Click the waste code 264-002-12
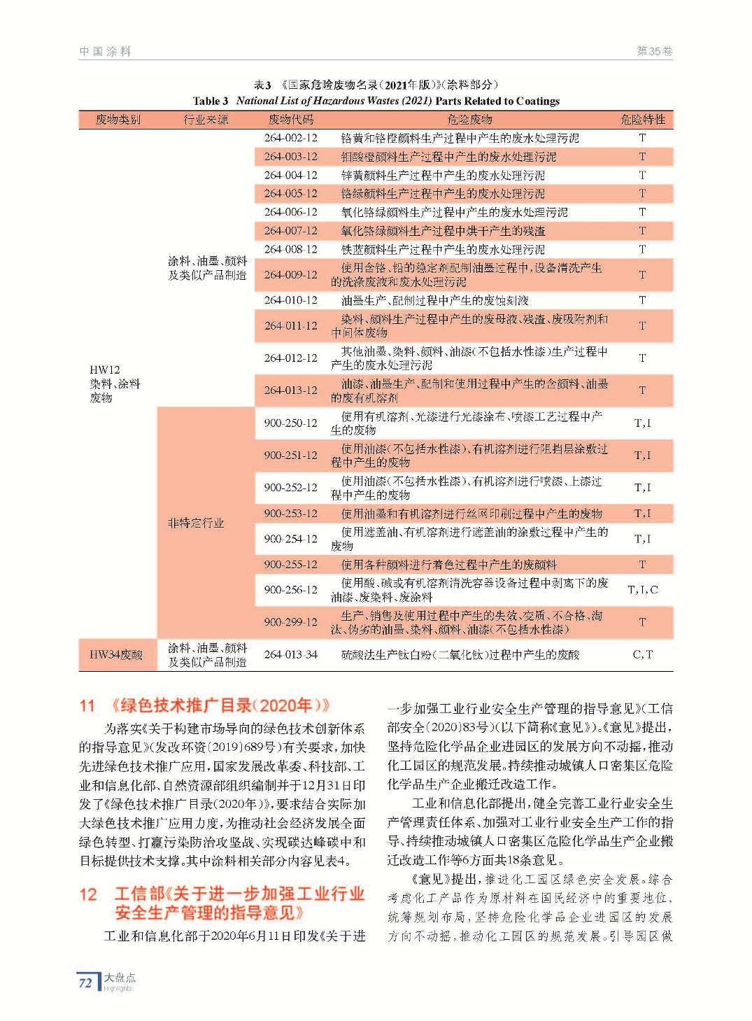coord(290,138)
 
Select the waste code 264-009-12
coord(290,275)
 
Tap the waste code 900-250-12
coord(290,423)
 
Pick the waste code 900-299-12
coord(290,621)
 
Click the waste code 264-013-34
coord(290,654)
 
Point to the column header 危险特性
coord(642,120)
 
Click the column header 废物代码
coord(290,120)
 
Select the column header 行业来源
coord(206,120)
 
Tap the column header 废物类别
coord(118,120)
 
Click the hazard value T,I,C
coord(642,590)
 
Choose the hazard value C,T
coord(642,654)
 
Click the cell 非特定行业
coord(195,523)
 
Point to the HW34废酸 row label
coord(116,654)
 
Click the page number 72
coord(85,983)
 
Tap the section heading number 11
coord(87,705)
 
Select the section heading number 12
coord(88,894)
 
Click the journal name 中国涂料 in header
coord(105,51)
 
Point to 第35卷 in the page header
coord(654,51)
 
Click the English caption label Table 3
coord(210,101)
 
